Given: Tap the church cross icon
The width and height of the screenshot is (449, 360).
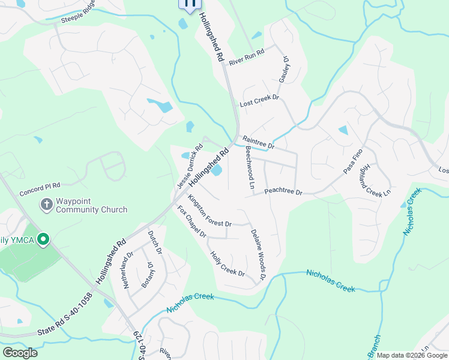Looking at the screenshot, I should coord(46,205).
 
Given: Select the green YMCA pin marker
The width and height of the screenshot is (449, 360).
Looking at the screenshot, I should coord(43,241).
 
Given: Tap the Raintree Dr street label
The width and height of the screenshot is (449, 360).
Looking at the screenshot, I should coord(259,142).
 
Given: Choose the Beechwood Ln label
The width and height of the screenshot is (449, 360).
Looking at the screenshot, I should coord(250,168).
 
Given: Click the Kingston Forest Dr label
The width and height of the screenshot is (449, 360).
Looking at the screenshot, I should coord(209,211).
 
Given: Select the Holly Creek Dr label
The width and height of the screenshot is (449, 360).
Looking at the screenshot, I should coord(227,264).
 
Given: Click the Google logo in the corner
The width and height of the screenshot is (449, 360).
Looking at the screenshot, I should coord(20,353).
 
